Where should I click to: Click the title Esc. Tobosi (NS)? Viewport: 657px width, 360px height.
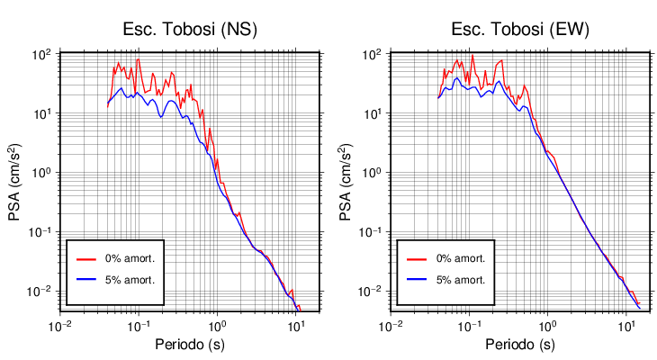(x=190, y=29)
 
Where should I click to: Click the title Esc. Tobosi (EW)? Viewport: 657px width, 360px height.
(x=520, y=29)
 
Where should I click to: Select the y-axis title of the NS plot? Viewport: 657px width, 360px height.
(x=17, y=181)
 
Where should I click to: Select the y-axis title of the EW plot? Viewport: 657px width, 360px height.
(x=347, y=181)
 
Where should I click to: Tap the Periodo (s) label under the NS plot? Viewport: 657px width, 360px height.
(x=190, y=345)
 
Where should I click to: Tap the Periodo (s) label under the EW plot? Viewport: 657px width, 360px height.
(x=520, y=345)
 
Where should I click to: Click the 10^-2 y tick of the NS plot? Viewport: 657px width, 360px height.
(x=40, y=292)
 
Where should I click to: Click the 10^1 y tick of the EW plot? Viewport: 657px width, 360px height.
(x=372, y=114)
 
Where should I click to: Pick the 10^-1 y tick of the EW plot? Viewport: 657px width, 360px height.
(x=370, y=232)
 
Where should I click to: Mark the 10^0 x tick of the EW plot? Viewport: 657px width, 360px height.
(x=546, y=325)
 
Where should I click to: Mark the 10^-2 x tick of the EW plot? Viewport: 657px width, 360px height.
(x=391, y=325)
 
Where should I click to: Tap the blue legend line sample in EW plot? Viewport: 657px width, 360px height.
(x=417, y=279)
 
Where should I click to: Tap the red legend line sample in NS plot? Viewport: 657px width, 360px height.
(x=86, y=258)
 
